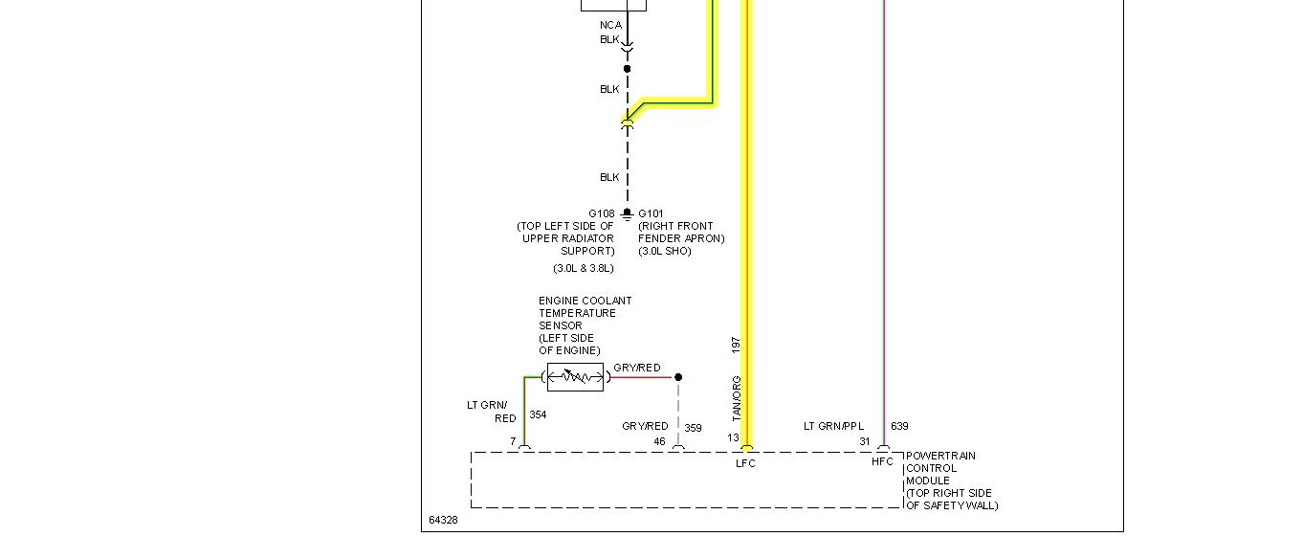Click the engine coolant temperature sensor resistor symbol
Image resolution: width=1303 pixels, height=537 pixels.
[x=575, y=377]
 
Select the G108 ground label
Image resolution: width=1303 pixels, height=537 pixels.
[x=601, y=213]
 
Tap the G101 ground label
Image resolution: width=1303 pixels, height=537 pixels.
[x=651, y=213]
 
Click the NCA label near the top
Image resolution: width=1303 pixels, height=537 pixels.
[x=610, y=25]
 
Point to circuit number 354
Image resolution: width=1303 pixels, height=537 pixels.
[x=538, y=414]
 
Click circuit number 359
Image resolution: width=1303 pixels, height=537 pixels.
[x=693, y=428]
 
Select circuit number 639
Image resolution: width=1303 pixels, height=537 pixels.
[x=899, y=426]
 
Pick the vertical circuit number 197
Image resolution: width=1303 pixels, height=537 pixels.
[x=736, y=344]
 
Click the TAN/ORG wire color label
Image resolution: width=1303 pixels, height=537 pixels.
[x=737, y=398]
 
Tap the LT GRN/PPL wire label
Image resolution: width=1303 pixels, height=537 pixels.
[x=833, y=426]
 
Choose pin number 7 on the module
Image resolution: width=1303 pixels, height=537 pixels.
[x=513, y=441]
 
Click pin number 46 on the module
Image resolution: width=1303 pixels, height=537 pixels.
[x=659, y=441]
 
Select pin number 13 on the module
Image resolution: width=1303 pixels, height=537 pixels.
[x=733, y=438]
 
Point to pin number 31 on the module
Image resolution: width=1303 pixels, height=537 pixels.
[x=865, y=441]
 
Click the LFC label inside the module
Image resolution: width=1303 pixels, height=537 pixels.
[x=745, y=464]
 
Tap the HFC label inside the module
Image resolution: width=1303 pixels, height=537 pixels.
[x=882, y=461]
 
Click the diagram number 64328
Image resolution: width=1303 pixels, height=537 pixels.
[x=443, y=521]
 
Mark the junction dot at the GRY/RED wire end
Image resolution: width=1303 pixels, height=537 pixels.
[x=678, y=377]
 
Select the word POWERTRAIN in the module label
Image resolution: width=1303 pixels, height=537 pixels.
[x=940, y=456]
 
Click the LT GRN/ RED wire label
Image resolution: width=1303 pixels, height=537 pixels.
[x=488, y=412]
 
